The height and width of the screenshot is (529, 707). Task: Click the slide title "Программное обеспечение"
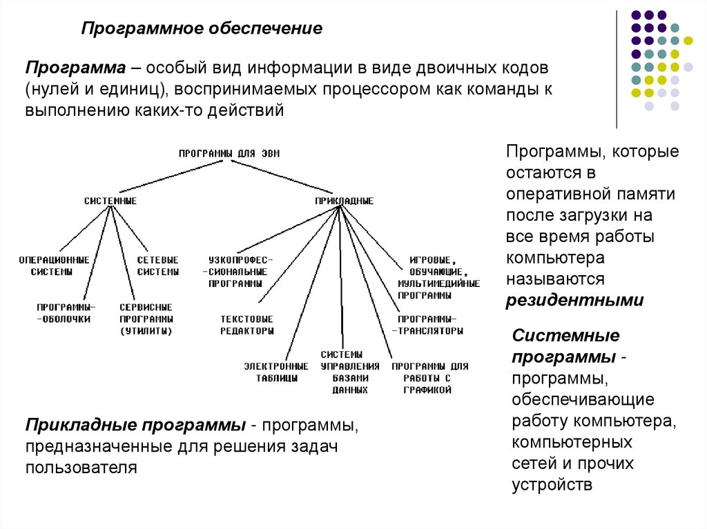click(202, 29)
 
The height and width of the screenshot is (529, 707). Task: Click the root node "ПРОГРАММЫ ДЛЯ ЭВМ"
click(230, 153)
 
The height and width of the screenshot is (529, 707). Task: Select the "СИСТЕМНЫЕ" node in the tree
click(110, 201)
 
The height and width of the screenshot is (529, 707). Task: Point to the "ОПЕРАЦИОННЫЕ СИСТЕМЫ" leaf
click(54, 266)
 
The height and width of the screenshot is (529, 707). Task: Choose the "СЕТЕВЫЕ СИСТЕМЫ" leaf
click(157, 266)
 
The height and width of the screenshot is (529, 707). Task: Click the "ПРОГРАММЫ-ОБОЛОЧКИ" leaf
click(66, 312)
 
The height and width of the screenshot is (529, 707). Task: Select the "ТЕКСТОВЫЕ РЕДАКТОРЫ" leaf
click(246, 325)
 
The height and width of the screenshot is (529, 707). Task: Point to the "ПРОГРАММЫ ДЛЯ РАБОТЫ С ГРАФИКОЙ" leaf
click(429, 378)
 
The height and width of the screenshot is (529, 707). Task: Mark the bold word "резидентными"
click(574, 301)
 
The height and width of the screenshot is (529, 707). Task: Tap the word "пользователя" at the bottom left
click(81, 468)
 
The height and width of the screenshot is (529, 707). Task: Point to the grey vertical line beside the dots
click(617, 69)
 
